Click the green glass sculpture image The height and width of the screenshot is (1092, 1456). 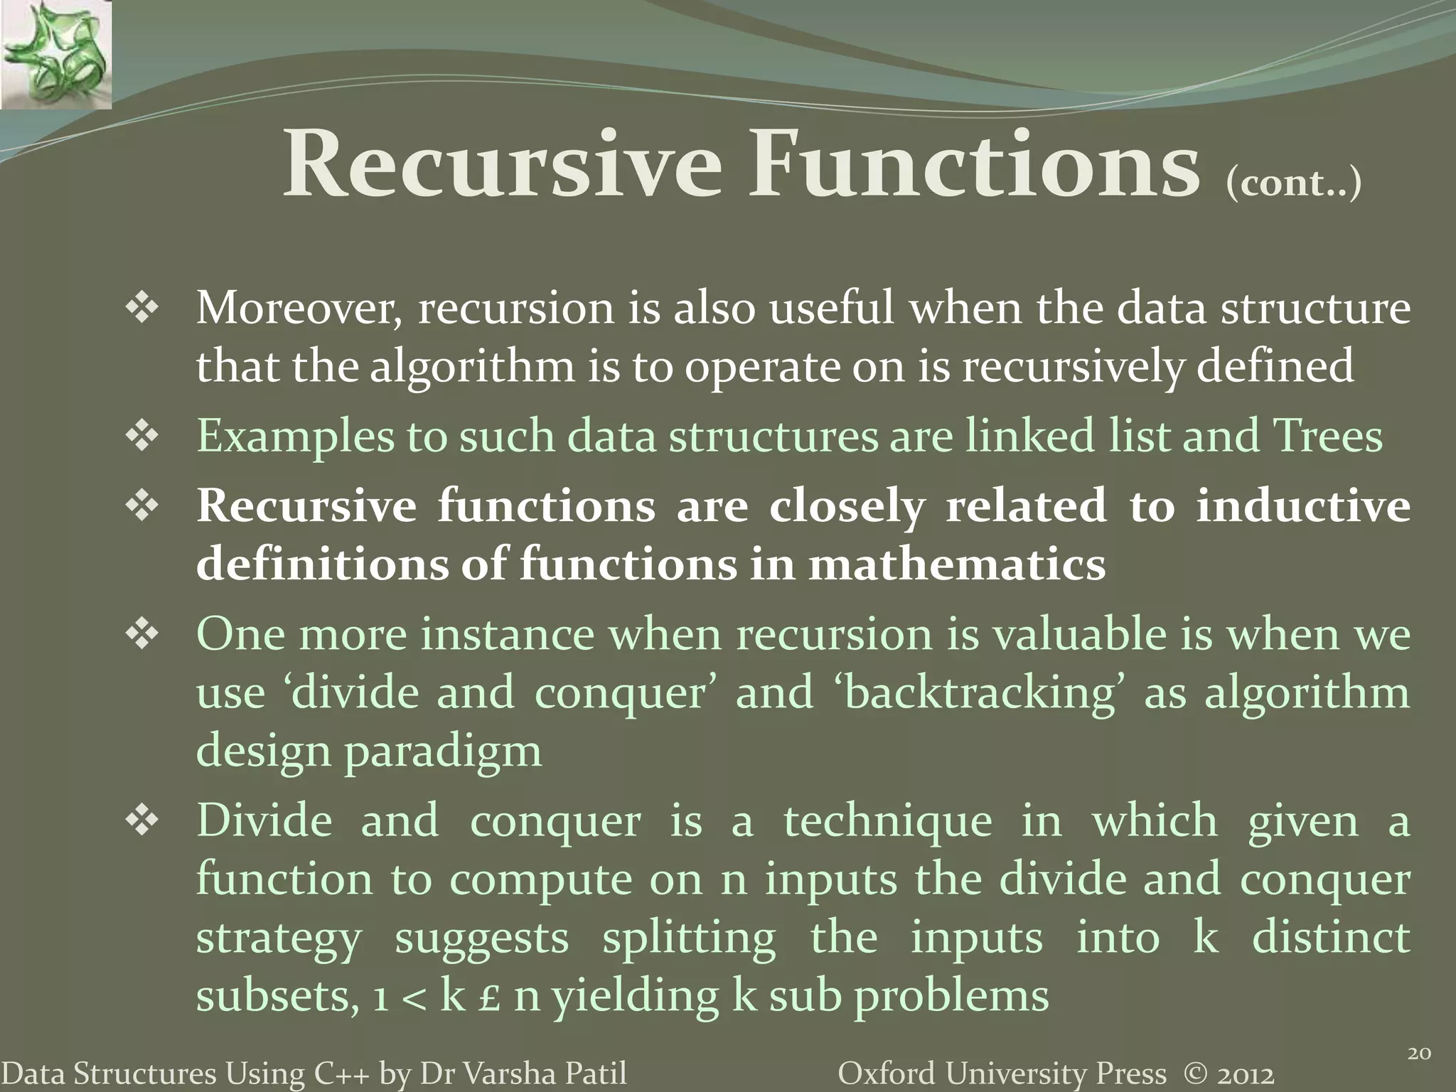(55, 54)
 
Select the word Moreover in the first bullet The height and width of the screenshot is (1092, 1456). (297, 309)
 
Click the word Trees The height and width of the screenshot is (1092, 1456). (1327, 435)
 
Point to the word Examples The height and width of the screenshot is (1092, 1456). (294, 437)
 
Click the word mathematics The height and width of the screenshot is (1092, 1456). (957, 564)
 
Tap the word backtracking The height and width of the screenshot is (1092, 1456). (980, 692)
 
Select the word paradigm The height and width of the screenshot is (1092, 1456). (442, 752)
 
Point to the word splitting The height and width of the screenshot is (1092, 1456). (689, 938)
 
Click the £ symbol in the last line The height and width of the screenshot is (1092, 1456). (489, 997)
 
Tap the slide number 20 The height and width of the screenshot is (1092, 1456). (1419, 1053)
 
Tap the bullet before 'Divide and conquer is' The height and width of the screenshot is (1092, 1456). (142, 822)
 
